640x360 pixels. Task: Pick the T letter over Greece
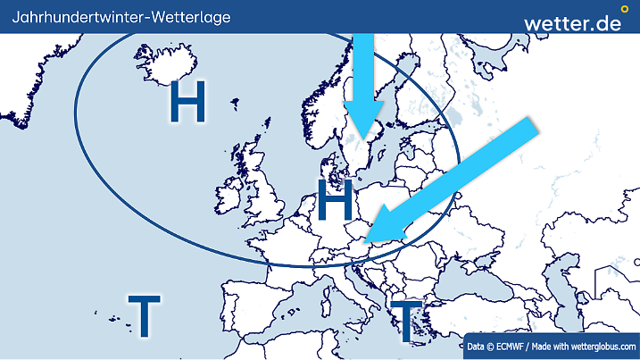406,322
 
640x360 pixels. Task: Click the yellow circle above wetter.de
624,8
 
